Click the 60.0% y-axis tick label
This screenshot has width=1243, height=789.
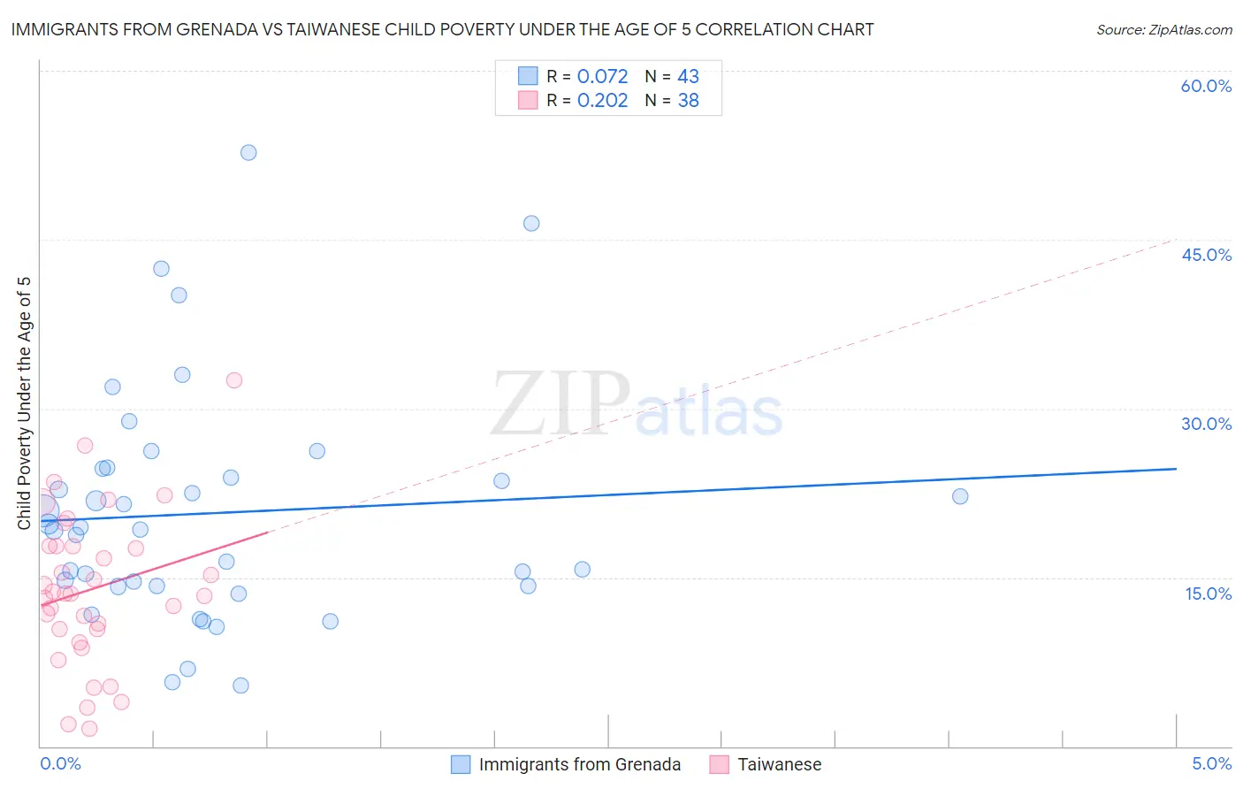coord(1206,86)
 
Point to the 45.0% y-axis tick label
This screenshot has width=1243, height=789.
coord(1206,255)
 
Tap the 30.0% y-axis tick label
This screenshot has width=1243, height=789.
coord(1206,424)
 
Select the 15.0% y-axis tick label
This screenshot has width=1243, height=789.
coord(1208,594)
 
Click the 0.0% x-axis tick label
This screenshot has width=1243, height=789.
coord(60,763)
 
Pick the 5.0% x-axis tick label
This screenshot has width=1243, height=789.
coord(1211,763)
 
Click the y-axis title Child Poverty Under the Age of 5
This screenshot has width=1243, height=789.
coord(24,403)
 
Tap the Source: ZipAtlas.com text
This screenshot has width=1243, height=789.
coord(1163,30)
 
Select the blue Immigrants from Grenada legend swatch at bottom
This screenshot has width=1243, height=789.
coord(461,764)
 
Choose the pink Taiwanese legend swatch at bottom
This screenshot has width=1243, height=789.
coord(719,764)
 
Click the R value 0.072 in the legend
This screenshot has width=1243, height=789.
coord(602,77)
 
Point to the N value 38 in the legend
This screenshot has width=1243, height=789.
coord(688,101)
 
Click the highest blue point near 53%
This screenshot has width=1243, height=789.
coord(248,153)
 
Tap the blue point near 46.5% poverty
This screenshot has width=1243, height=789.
coord(531,224)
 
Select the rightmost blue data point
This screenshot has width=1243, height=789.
coord(960,496)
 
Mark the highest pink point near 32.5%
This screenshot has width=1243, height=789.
coord(234,380)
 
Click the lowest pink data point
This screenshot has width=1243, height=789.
coord(89,729)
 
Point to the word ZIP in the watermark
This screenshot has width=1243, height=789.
coord(560,405)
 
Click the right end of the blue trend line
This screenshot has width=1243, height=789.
coord(1176,469)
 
